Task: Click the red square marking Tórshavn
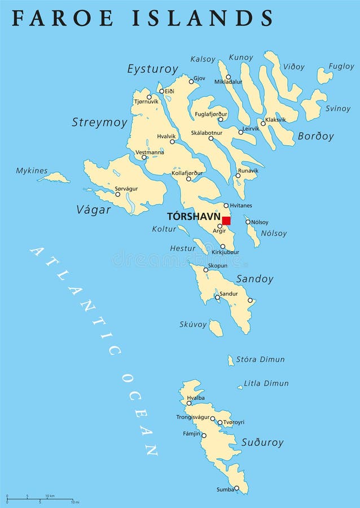[226, 221]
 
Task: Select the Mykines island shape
[55, 178]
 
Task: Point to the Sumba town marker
[236, 488]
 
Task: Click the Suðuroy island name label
[262, 443]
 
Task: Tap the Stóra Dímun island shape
[230, 360]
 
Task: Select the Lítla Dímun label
[266, 383]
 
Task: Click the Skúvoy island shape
[216, 328]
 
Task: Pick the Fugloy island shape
[324, 76]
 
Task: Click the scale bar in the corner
[39, 500]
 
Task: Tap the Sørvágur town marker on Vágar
[118, 194]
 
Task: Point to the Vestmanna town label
[150, 152]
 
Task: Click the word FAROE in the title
[55, 18]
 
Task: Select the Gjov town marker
[191, 81]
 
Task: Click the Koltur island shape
[183, 230]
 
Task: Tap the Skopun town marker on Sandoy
[206, 270]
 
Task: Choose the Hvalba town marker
[189, 403]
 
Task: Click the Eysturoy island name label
[152, 69]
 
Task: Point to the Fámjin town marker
[204, 436]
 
